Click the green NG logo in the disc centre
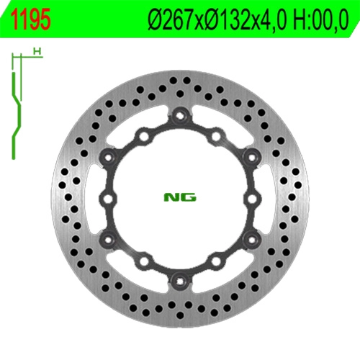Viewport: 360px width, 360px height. (x=180, y=197)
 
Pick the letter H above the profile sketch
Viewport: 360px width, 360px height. (x=37, y=51)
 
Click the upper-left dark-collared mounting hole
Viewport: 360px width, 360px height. (x=108, y=157)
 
